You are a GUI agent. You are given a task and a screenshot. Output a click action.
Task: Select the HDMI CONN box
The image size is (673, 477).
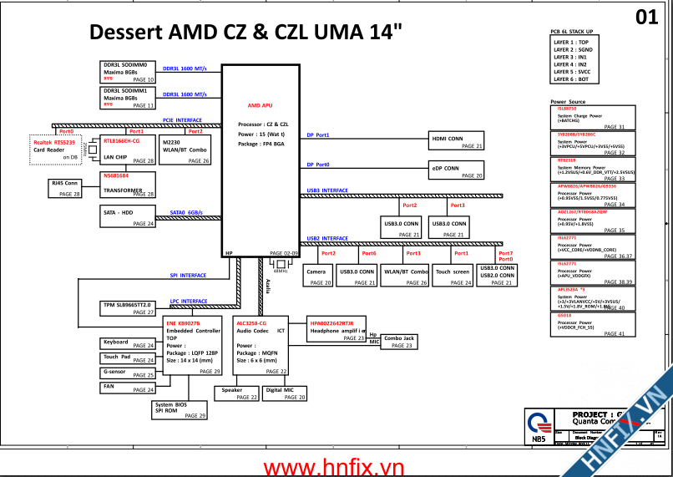(456, 140)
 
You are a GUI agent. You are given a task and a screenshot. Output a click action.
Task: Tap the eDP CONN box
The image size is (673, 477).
(456, 170)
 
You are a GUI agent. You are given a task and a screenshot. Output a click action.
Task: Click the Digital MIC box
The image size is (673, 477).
(285, 393)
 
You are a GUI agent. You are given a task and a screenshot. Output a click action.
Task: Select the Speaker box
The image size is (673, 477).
(238, 393)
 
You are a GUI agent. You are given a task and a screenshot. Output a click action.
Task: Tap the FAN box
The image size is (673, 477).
(128, 388)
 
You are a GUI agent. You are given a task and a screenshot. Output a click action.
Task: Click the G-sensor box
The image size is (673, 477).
(128, 373)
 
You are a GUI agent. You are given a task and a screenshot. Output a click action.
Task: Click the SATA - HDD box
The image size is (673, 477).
(128, 217)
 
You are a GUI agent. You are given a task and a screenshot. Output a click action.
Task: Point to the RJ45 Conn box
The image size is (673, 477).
(66, 187)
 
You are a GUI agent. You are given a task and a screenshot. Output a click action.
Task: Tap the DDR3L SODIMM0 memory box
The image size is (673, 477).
(128, 72)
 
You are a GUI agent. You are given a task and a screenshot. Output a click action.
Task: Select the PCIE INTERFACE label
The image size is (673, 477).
(182, 120)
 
